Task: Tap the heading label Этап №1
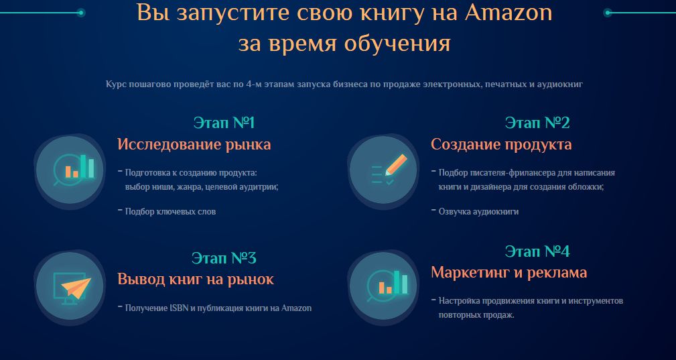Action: click(224, 123)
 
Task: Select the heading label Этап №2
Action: click(537, 123)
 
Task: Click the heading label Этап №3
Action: click(224, 259)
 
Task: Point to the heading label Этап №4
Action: click(537, 251)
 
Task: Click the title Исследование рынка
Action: click(194, 144)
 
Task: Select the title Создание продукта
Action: click(500, 144)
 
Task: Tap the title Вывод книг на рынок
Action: click(196, 279)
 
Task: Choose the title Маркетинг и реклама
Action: click(509, 272)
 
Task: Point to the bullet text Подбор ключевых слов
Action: click(170, 211)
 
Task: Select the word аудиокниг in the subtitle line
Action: click(565, 85)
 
